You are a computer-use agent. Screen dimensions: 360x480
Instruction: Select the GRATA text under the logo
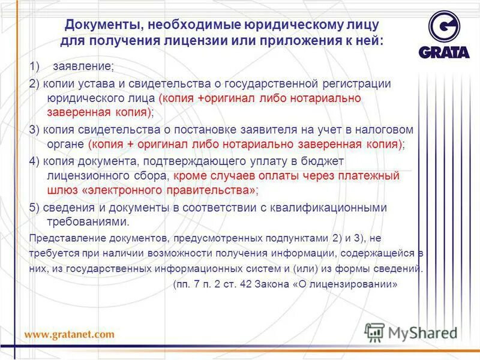[x=445, y=52]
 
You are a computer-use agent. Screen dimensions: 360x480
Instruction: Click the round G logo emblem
[x=445, y=28]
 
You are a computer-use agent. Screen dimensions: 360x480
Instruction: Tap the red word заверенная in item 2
[x=78, y=112]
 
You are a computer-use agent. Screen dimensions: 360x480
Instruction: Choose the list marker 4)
[x=35, y=162]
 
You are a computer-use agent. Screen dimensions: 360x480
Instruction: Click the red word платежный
[x=373, y=176]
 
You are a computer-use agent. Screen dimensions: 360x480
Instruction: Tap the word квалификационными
[x=336, y=207]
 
